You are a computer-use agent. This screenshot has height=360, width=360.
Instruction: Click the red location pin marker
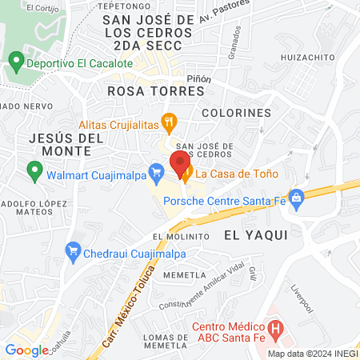pyautogui.click(x=178, y=164)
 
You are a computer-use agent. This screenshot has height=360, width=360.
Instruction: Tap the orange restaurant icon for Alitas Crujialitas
pyautogui.click(x=168, y=123)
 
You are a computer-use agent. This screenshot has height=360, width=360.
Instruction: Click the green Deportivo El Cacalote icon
pyautogui.click(x=14, y=62)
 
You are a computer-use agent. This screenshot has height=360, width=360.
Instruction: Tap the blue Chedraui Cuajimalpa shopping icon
pyautogui.click(x=73, y=254)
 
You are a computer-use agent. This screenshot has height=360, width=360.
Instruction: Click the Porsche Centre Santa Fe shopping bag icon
pyautogui.click(x=297, y=196)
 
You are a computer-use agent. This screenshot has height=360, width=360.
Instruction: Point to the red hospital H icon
pyautogui.click(x=276, y=327)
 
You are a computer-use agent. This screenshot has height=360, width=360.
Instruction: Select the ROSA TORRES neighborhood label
pyautogui.click(x=156, y=91)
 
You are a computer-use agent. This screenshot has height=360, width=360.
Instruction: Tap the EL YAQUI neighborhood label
pyautogui.click(x=255, y=234)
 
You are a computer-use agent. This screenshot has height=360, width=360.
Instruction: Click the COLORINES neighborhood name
pyautogui.click(x=236, y=113)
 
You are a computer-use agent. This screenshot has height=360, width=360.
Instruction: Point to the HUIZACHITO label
pyautogui.click(x=307, y=58)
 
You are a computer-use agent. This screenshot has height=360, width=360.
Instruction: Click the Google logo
pyautogui.click(x=26, y=350)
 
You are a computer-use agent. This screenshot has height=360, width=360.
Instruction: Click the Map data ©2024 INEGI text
pyautogui.click(x=311, y=354)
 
